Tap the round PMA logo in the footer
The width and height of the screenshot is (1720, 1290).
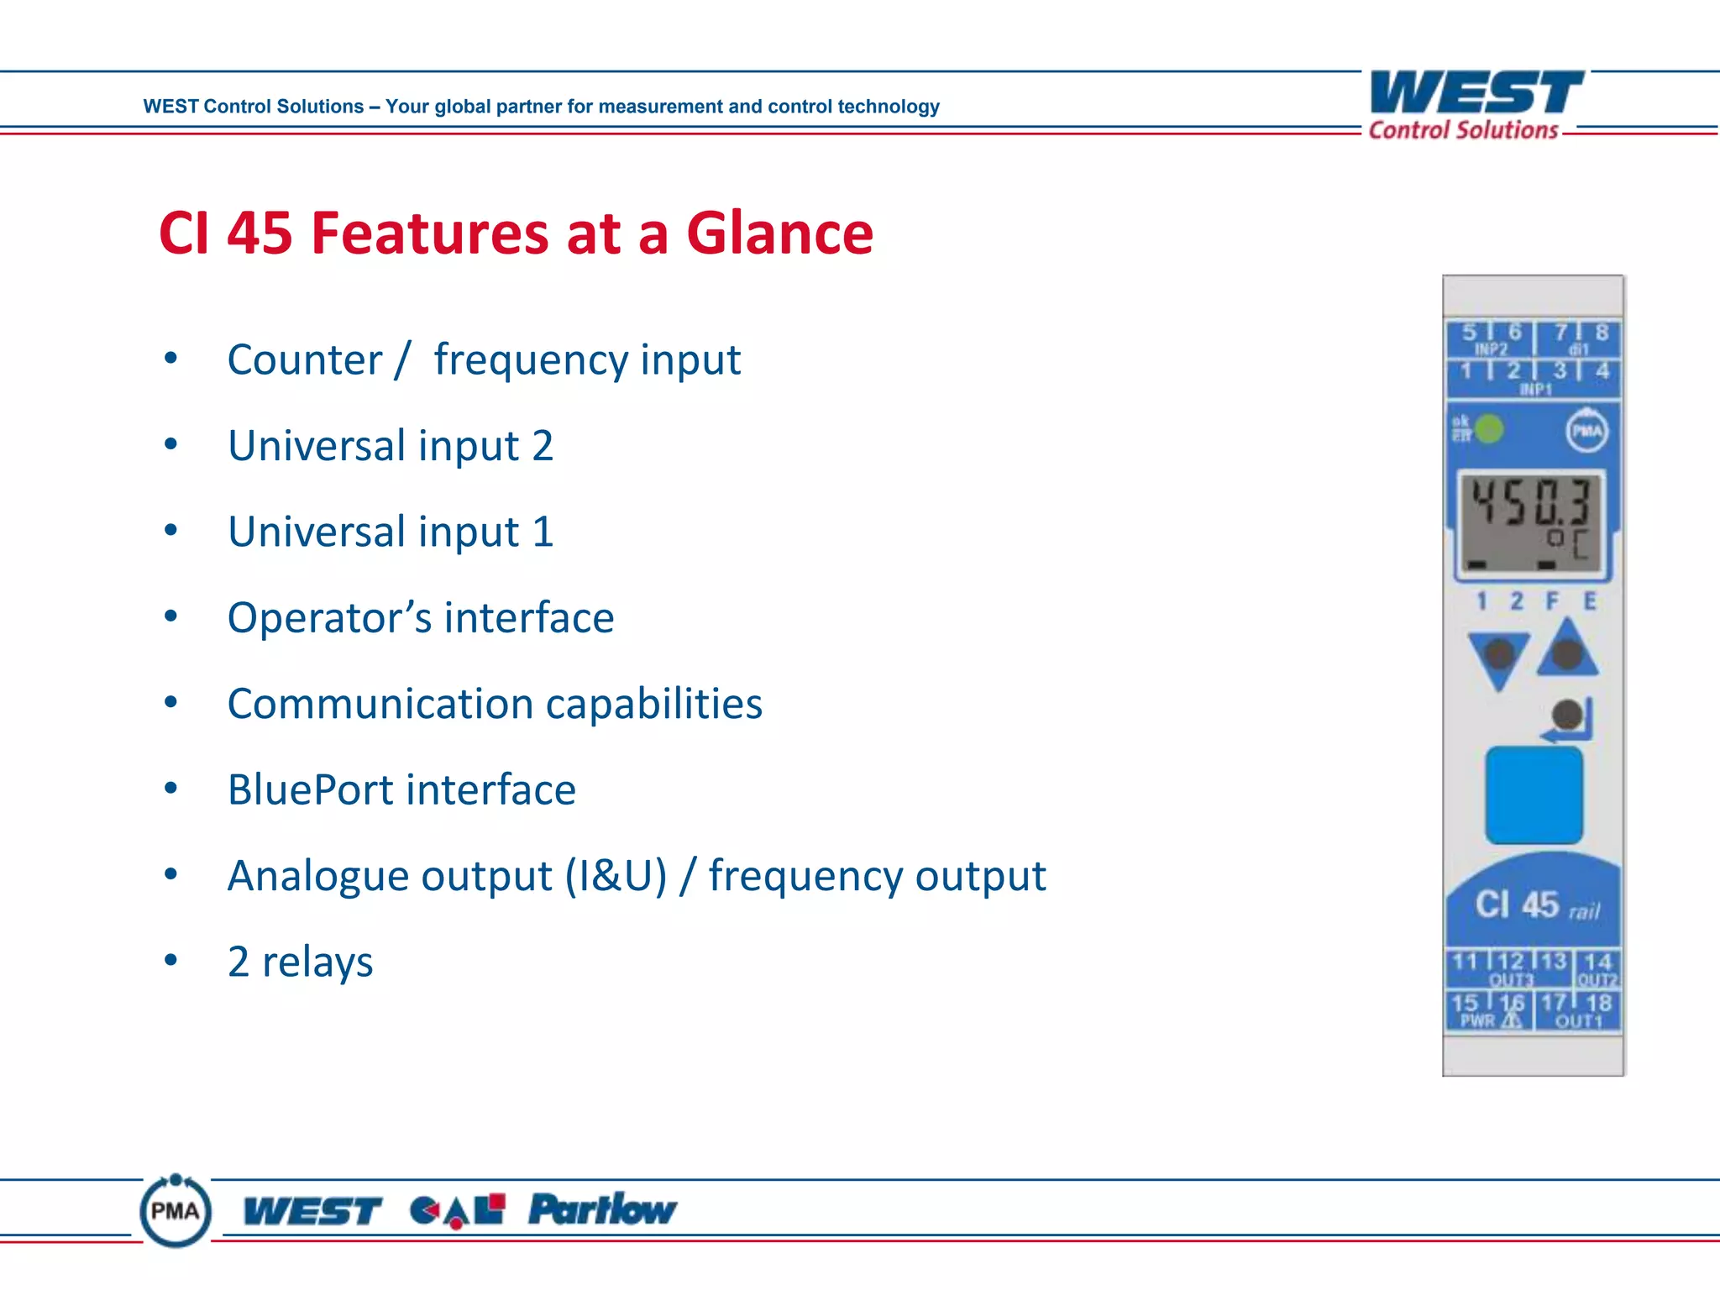tap(176, 1210)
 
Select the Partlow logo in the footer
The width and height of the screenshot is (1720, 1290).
tap(601, 1209)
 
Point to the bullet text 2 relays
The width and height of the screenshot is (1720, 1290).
tap(300, 962)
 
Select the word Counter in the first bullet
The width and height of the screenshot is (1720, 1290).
tap(304, 360)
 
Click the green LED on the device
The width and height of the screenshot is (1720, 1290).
tap(1489, 430)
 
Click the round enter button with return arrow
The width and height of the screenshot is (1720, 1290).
tap(1566, 716)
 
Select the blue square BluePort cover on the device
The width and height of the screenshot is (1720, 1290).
tap(1534, 794)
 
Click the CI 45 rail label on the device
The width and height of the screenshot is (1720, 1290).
tap(1536, 905)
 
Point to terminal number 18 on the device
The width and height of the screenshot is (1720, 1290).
tap(1598, 1003)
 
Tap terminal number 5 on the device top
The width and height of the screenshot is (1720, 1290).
tap(1469, 333)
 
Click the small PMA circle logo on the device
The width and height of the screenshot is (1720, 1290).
tap(1586, 431)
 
